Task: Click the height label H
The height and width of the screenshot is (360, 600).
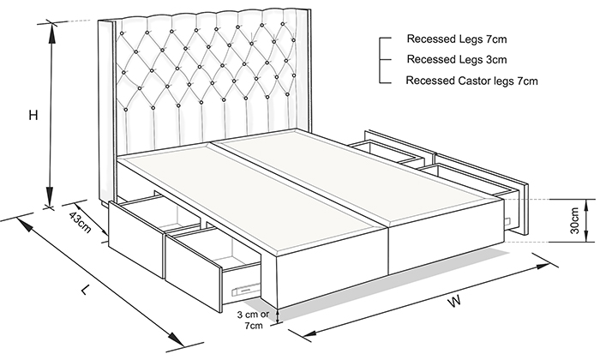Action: [x=33, y=115]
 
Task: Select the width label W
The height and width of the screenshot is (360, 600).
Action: [x=454, y=301]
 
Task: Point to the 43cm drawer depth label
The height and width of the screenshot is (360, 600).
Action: [x=80, y=222]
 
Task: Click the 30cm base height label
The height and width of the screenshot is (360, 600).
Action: [x=574, y=221]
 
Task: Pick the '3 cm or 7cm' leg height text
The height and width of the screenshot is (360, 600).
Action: [x=253, y=321]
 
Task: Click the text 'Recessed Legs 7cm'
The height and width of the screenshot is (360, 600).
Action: [x=457, y=39]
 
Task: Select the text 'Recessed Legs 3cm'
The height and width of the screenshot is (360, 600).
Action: [x=457, y=60]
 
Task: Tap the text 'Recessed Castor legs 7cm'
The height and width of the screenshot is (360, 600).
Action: [x=471, y=81]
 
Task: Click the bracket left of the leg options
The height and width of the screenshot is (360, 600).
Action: [x=380, y=60]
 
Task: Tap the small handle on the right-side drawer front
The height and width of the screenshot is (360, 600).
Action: [x=508, y=221]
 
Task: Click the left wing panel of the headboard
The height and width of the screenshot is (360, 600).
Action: [x=106, y=111]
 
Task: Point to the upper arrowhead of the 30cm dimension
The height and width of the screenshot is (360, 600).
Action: [x=585, y=204]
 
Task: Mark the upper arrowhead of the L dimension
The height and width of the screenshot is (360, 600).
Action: [x=25, y=225]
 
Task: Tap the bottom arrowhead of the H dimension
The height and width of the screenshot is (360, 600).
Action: [x=50, y=196]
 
